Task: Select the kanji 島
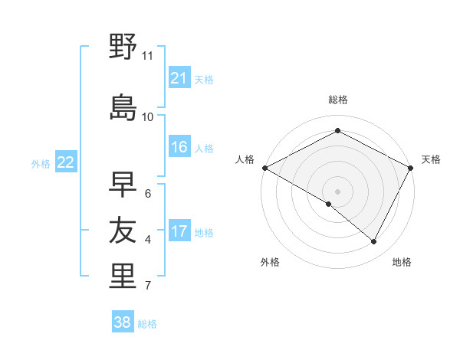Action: point(123,108)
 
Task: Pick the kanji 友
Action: point(123,231)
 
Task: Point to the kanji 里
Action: point(123,277)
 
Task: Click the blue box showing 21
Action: point(179,78)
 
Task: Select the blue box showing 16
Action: point(179,148)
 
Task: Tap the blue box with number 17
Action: point(179,232)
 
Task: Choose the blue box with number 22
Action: point(66,162)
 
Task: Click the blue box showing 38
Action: point(123,322)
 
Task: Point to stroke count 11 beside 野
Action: point(147,56)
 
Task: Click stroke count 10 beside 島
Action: point(147,116)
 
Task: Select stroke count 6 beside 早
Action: point(147,193)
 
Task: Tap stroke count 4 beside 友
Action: point(147,240)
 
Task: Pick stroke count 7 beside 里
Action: point(147,286)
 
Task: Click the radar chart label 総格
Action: point(337,100)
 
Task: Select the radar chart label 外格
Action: point(270,262)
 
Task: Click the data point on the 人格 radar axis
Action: point(264,168)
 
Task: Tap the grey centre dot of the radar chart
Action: point(337,191)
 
